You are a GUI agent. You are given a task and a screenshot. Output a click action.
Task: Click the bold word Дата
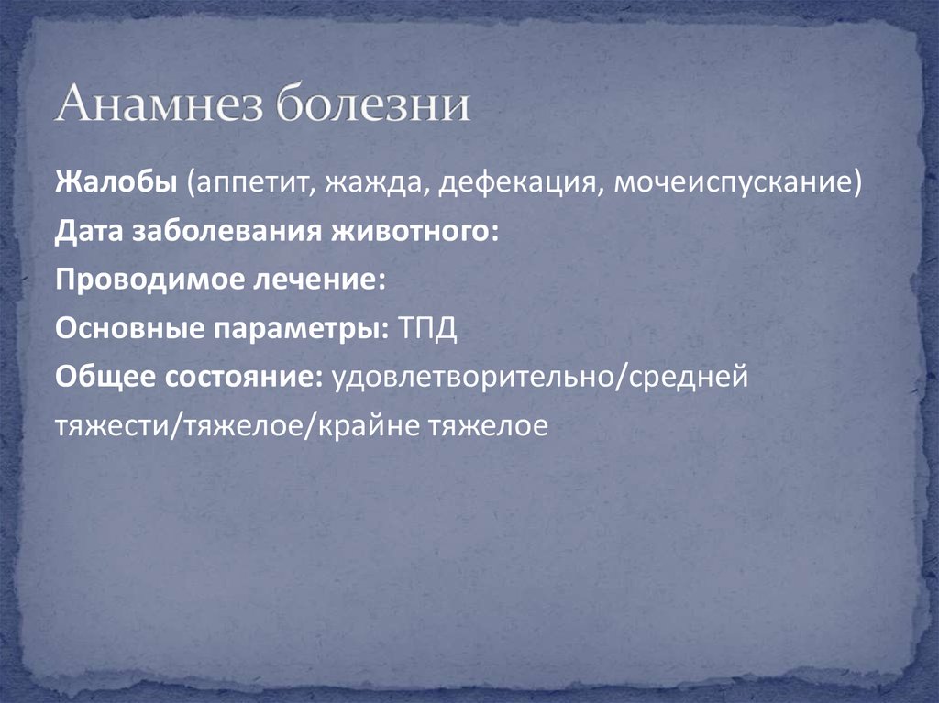[x=89, y=232]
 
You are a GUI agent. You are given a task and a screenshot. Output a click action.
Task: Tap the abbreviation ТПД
[x=427, y=329]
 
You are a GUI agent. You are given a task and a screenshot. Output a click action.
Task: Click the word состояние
[x=240, y=378]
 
